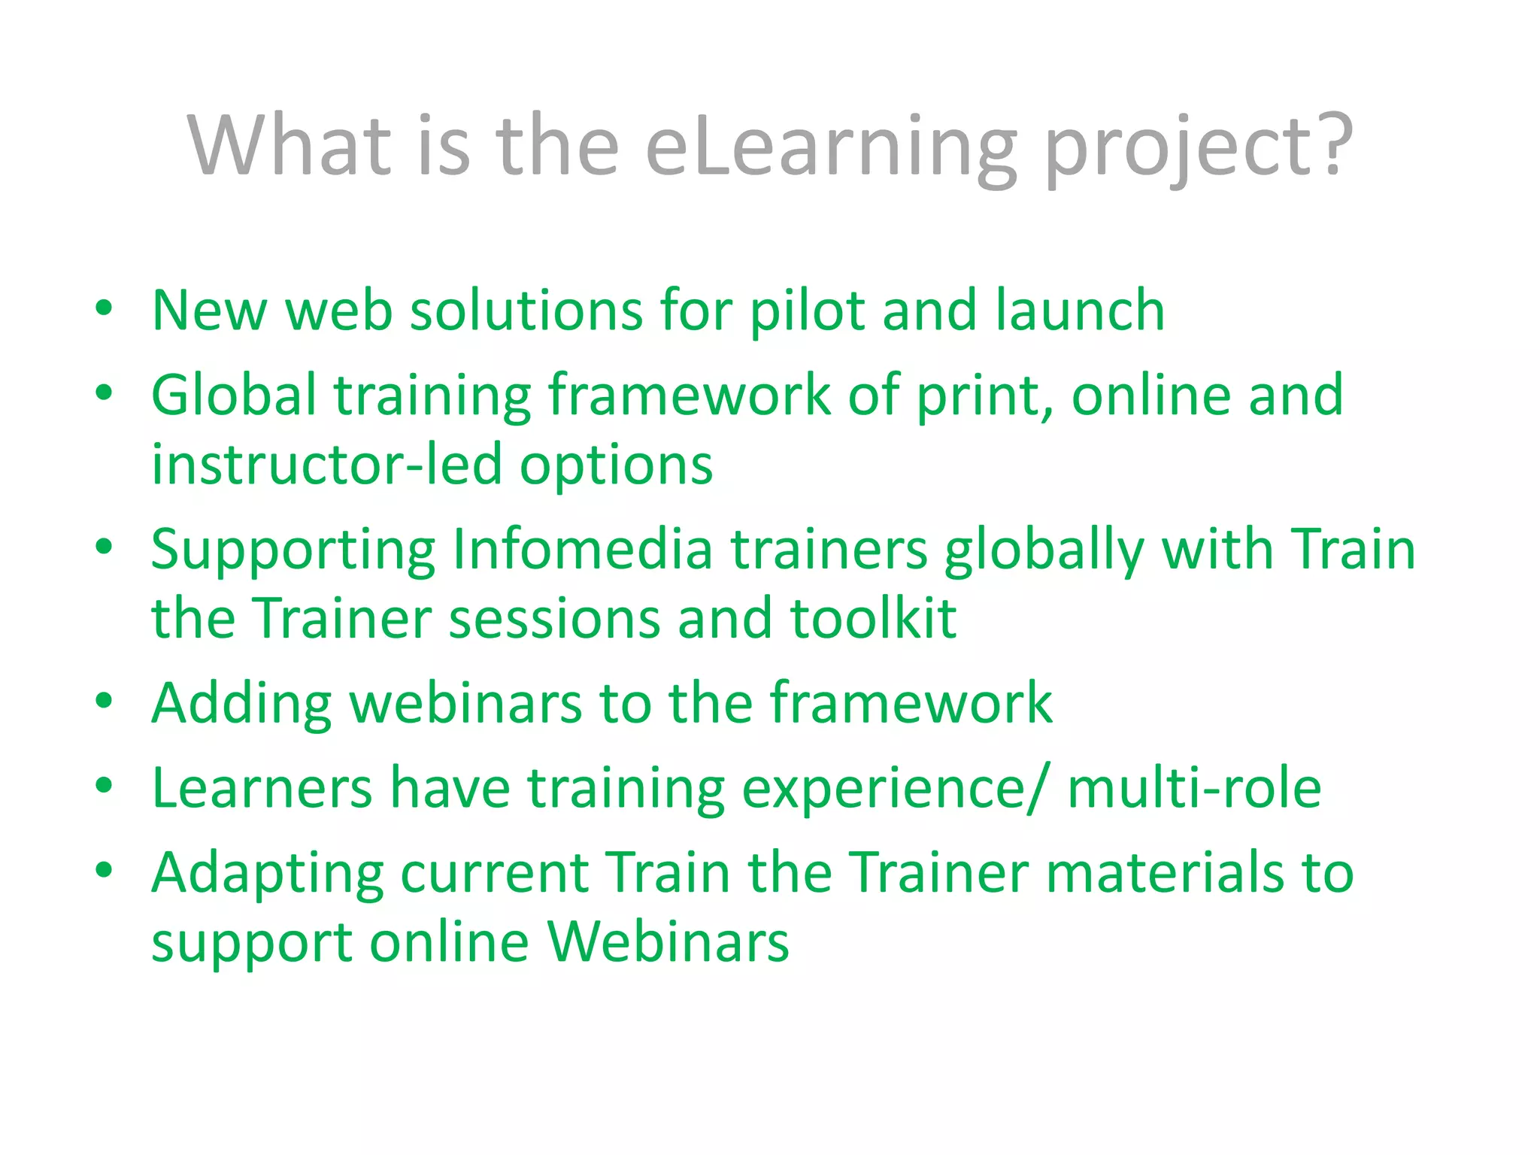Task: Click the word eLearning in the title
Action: coord(831,147)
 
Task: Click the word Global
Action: coord(234,395)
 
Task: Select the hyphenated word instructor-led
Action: coord(326,464)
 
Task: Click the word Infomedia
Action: coord(582,549)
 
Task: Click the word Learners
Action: coord(262,787)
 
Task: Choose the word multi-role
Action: coord(1194,787)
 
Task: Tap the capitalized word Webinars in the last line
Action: coord(668,941)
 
